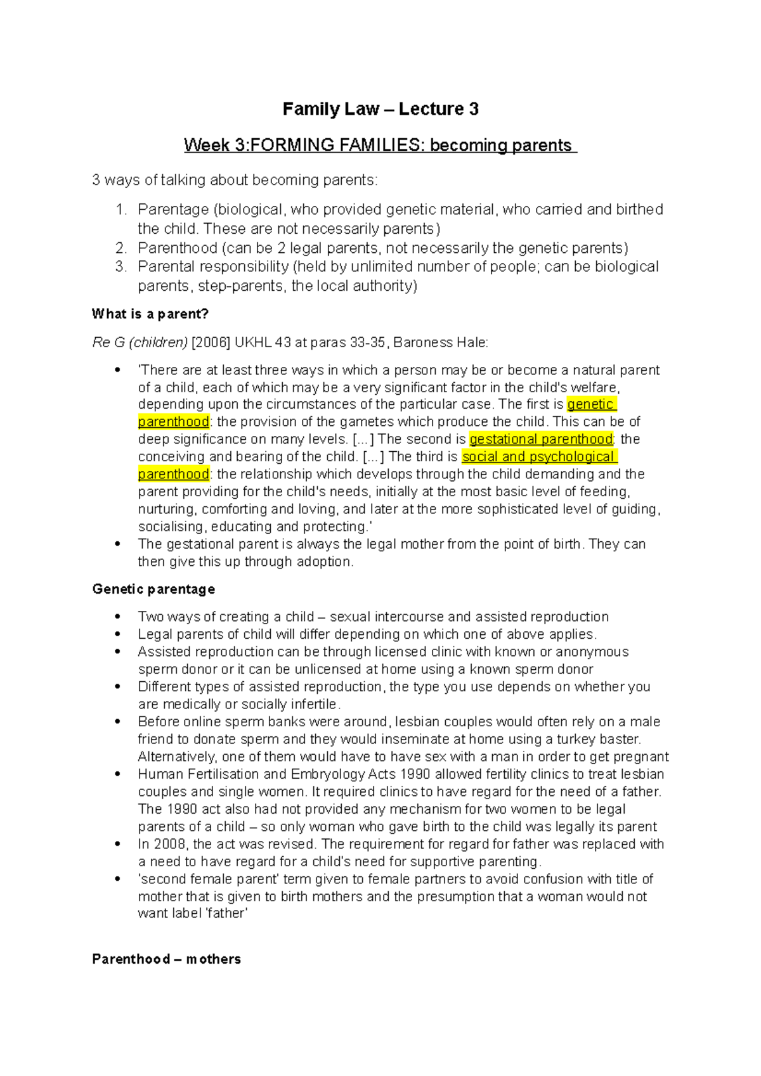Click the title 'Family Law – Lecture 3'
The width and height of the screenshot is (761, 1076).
tap(380, 109)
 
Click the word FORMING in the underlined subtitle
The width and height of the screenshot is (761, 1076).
tap(292, 145)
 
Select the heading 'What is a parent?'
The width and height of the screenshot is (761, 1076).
tap(150, 314)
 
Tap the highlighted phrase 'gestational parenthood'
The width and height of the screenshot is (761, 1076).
tap(541, 439)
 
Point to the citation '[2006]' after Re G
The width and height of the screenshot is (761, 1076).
tap(211, 343)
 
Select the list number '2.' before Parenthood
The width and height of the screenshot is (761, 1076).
tap(121, 248)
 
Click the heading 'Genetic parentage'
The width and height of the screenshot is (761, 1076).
tap(153, 589)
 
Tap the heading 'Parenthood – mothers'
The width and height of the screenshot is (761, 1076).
tap(166, 959)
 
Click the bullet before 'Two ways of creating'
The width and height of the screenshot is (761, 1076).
tap(117, 617)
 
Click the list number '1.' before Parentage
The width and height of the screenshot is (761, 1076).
tap(121, 209)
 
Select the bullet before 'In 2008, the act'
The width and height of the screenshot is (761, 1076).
tap(117, 844)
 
